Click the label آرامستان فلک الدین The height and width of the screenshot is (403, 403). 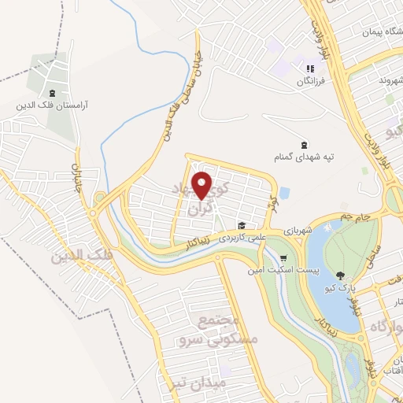pyautogui.click(x=54, y=103)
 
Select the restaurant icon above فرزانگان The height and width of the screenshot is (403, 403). pyautogui.click(x=310, y=68)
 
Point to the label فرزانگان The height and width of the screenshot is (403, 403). pyautogui.click(x=309, y=81)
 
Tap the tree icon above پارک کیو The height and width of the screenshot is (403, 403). pyautogui.click(x=340, y=275)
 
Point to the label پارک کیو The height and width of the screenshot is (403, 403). pyautogui.click(x=340, y=288)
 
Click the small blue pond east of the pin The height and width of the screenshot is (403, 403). pyautogui.click(x=284, y=191)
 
